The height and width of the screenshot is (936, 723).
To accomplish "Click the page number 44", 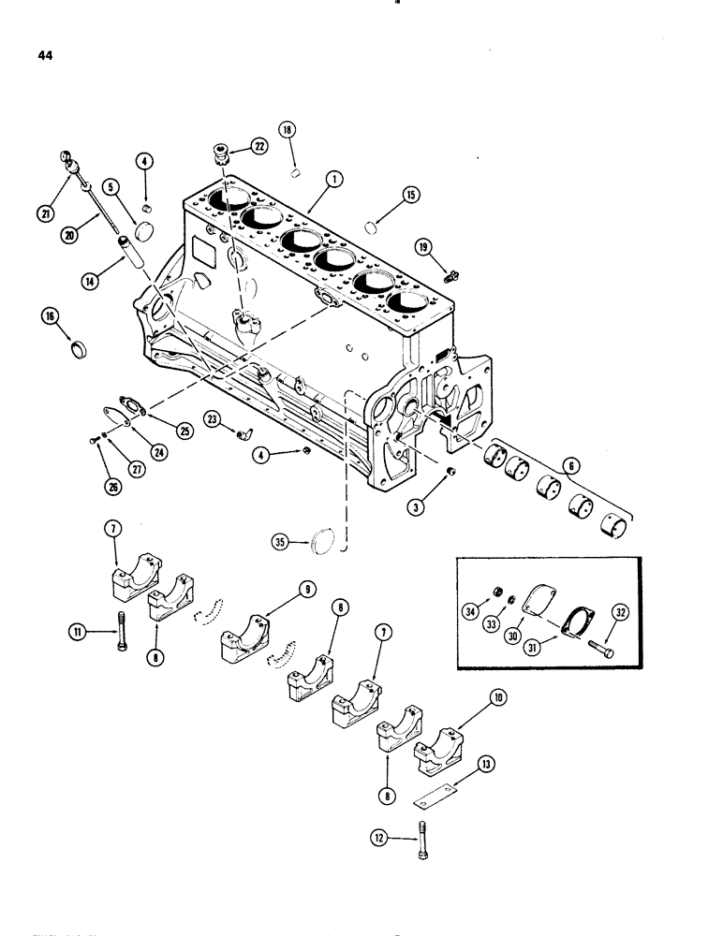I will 45,55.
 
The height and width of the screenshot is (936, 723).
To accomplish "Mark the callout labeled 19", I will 425,247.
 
